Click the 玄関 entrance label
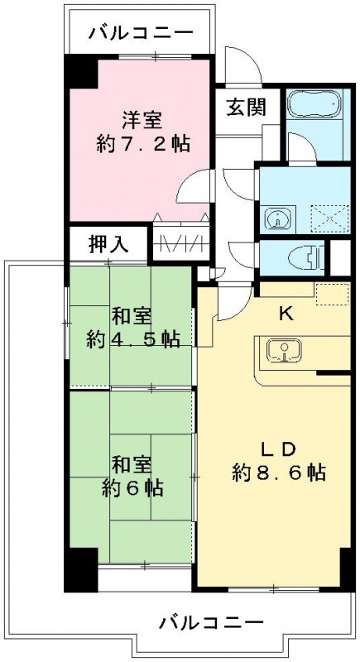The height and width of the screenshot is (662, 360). (x=247, y=107)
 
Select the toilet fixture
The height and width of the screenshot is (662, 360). (x=306, y=257)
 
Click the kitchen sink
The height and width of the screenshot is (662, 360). (x=284, y=351)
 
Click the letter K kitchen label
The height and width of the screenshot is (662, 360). (x=286, y=314)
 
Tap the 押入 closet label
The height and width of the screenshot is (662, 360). (x=108, y=243)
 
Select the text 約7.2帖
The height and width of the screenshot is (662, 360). (x=142, y=144)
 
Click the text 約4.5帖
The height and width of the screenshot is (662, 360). (x=133, y=338)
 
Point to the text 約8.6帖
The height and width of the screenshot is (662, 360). (x=279, y=473)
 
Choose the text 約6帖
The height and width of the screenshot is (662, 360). (x=132, y=488)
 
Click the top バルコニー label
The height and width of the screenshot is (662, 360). (x=141, y=32)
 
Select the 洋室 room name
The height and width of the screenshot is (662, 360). (x=142, y=120)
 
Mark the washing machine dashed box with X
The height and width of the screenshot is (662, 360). (x=329, y=218)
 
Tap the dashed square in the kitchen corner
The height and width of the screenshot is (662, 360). (x=332, y=294)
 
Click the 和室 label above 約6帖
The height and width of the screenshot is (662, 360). (x=132, y=466)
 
